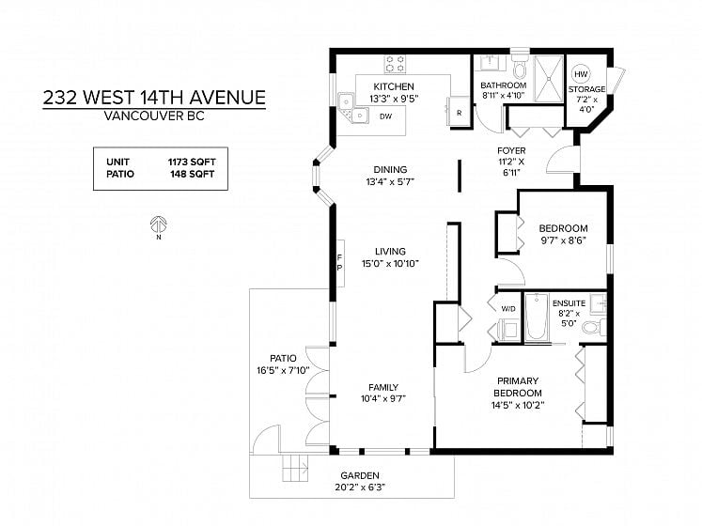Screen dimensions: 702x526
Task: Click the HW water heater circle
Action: click(581, 74)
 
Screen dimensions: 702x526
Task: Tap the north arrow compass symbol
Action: click(159, 224)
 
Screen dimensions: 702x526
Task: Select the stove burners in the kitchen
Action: click(395, 64)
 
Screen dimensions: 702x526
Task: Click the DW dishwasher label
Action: click(386, 116)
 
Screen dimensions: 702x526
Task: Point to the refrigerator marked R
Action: click(459, 113)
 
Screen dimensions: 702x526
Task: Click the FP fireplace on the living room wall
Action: click(340, 263)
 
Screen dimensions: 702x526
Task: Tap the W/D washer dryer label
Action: click(508, 309)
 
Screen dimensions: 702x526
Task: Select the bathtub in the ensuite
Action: click(537, 317)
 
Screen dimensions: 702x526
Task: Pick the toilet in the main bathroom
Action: click(521, 67)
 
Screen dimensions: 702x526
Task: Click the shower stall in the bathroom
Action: click(549, 79)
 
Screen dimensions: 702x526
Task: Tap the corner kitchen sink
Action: click(352, 108)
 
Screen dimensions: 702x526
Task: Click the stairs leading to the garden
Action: click(295, 468)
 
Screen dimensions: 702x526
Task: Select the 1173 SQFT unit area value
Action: click(192, 162)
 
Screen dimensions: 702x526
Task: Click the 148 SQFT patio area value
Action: click(192, 174)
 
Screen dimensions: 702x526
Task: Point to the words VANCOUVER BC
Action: click(154, 116)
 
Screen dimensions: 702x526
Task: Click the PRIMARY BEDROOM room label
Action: click(518, 387)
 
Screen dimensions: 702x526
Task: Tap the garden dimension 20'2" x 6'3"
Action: click(360, 487)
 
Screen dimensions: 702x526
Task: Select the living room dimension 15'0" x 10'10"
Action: click(390, 264)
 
